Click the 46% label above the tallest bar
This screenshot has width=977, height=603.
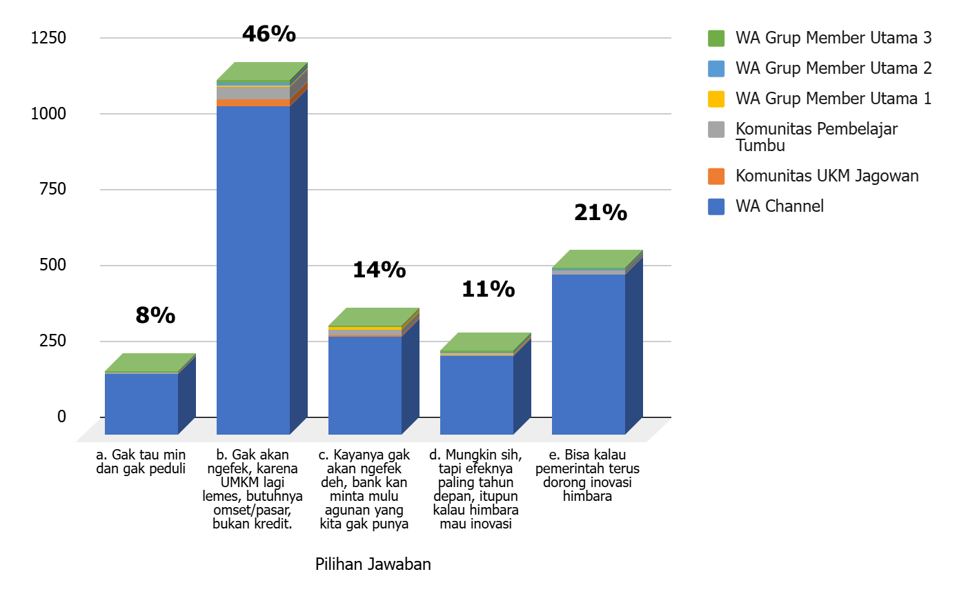tap(269, 34)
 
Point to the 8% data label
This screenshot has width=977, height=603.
tap(155, 315)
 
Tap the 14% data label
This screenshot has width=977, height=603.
tap(379, 270)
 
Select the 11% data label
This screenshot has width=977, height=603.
tap(488, 289)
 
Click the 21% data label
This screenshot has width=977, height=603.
tap(600, 212)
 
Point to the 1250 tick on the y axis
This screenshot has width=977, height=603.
tap(48, 38)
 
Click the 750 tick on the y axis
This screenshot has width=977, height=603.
tap(52, 189)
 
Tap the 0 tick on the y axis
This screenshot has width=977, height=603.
tap(61, 417)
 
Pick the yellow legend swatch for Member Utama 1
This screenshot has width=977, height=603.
tap(716, 99)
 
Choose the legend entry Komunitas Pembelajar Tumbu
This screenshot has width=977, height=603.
tap(816, 137)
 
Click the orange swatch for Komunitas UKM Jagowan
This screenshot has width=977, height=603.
tap(716, 176)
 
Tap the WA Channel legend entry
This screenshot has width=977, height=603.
tap(779, 206)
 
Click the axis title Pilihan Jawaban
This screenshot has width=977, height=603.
tap(373, 564)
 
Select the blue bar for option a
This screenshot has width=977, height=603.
tap(141, 404)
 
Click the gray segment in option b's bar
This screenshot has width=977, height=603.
tap(253, 92)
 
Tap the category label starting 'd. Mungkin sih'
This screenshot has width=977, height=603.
tap(475, 488)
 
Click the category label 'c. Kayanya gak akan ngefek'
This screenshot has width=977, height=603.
tap(364, 488)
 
